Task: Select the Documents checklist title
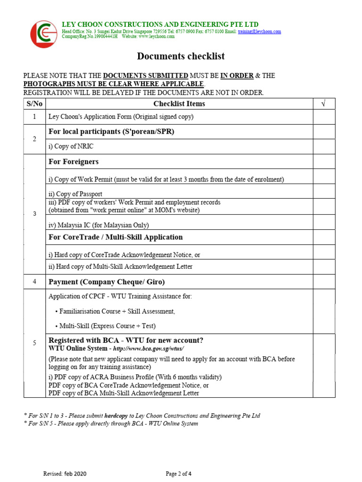[181, 56]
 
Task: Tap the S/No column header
[34, 104]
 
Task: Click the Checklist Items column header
[179, 104]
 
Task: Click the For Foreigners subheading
[74, 161]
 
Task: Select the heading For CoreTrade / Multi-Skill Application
[115, 237]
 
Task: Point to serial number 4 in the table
[34, 282]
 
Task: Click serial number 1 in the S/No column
[34, 117]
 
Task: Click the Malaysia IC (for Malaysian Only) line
[99, 225]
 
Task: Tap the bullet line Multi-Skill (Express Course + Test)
[106, 326]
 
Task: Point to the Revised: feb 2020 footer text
[65, 474]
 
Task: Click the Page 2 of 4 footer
[179, 474]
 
